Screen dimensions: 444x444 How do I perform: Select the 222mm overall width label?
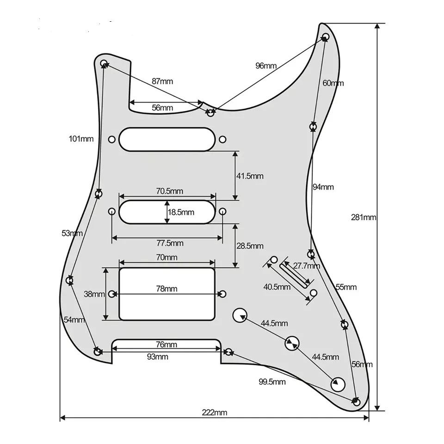pyautogui.click(x=214, y=413)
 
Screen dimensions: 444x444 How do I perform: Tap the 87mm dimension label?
pyautogui.click(x=162, y=81)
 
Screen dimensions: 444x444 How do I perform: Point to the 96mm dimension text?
pyautogui.click(x=266, y=66)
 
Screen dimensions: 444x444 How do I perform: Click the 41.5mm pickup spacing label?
pyautogui.click(x=250, y=176)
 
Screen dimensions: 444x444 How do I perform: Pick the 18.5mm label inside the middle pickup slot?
pyautogui.click(x=181, y=212)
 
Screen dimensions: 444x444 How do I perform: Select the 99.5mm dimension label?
pyautogui.click(x=272, y=382)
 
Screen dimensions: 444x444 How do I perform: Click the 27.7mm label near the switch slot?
pyautogui.click(x=307, y=266)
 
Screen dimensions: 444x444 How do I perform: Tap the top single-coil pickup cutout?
pyautogui.click(x=166, y=139)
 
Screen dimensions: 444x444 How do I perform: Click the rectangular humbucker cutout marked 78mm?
pyautogui.click(x=167, y=305)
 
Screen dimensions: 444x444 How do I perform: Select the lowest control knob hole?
pyautogui.click(x=339, y=383)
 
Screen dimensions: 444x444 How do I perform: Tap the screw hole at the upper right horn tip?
pyautogui.click(x=325, y=36)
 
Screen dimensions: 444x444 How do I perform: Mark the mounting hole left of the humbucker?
pyautogui.click(x=112, y=293)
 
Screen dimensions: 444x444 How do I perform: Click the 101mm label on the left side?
pyautogui.click(x=81, y=139)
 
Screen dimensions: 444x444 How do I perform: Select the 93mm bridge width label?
pyautogui.click(x=157, y=357)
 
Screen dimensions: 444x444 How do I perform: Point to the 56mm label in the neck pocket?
pyautogui.click(x=162, y=108)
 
